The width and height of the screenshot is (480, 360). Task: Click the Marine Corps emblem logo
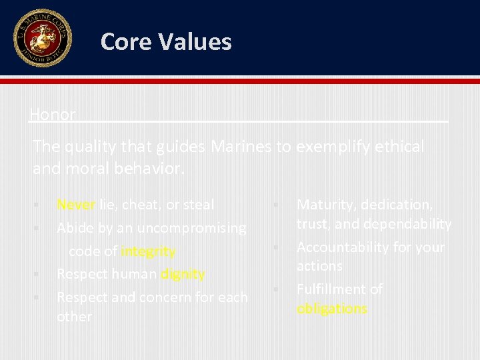click(x=42, y=38)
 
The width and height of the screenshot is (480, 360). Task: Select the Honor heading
click(x=53, y=114)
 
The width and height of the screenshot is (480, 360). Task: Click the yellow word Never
click(x=76, y=205)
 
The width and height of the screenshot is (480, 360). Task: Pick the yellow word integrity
click(x=149, y=251)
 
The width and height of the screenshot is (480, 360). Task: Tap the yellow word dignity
click(x=183, y=274)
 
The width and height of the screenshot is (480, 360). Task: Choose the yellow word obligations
click(x=332, y=309)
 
